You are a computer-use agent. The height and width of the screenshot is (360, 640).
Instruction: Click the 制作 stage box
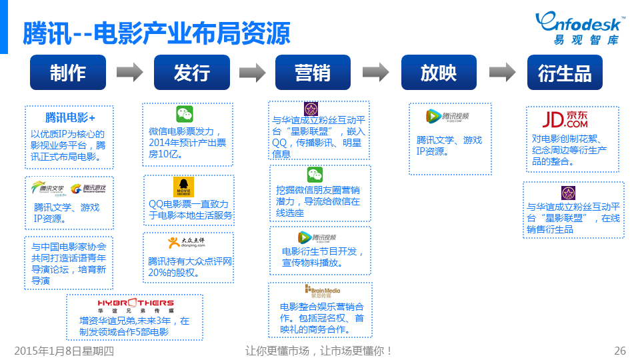(x=67, y=72)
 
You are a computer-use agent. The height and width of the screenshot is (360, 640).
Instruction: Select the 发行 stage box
(x=191, y=72)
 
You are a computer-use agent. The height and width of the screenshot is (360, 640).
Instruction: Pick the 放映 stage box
(x=439, y=72)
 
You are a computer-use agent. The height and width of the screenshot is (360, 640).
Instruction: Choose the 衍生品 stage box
(x=564, y=72)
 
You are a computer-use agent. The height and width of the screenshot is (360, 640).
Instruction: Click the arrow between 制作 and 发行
(x=129, y=72)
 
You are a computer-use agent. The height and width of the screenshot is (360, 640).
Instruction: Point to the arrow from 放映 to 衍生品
(x=502, y=72)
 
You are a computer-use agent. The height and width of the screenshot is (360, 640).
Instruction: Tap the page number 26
(x=619, y=351)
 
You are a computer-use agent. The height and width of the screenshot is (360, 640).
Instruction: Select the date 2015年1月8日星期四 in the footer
(x=64, y=351)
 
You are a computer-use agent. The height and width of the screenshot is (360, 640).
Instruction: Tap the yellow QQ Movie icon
(x=183, y=187)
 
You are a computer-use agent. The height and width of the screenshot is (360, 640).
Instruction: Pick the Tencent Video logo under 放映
(x=447, y=117)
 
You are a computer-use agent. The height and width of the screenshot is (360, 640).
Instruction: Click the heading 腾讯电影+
(x=71, y=118)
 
